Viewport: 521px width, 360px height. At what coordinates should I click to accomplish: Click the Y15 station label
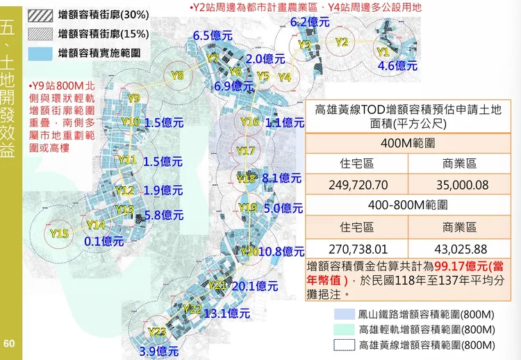point(59,234)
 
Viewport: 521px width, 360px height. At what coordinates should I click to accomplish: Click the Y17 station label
point(245,151)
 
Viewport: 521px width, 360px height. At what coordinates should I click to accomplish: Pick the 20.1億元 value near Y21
point(254,286)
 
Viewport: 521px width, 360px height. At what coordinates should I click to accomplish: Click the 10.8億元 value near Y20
point(281,251)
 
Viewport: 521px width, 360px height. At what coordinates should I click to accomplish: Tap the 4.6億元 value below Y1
point(397,66)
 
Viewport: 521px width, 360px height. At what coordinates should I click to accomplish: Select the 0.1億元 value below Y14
point(104,241)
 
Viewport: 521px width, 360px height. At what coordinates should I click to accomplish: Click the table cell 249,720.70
point(356,187)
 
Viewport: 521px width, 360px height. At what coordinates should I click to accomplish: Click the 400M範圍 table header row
point(408,143)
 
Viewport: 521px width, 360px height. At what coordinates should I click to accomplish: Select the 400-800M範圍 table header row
point(408,206)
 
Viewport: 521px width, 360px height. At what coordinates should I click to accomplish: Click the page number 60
point(9,343)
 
